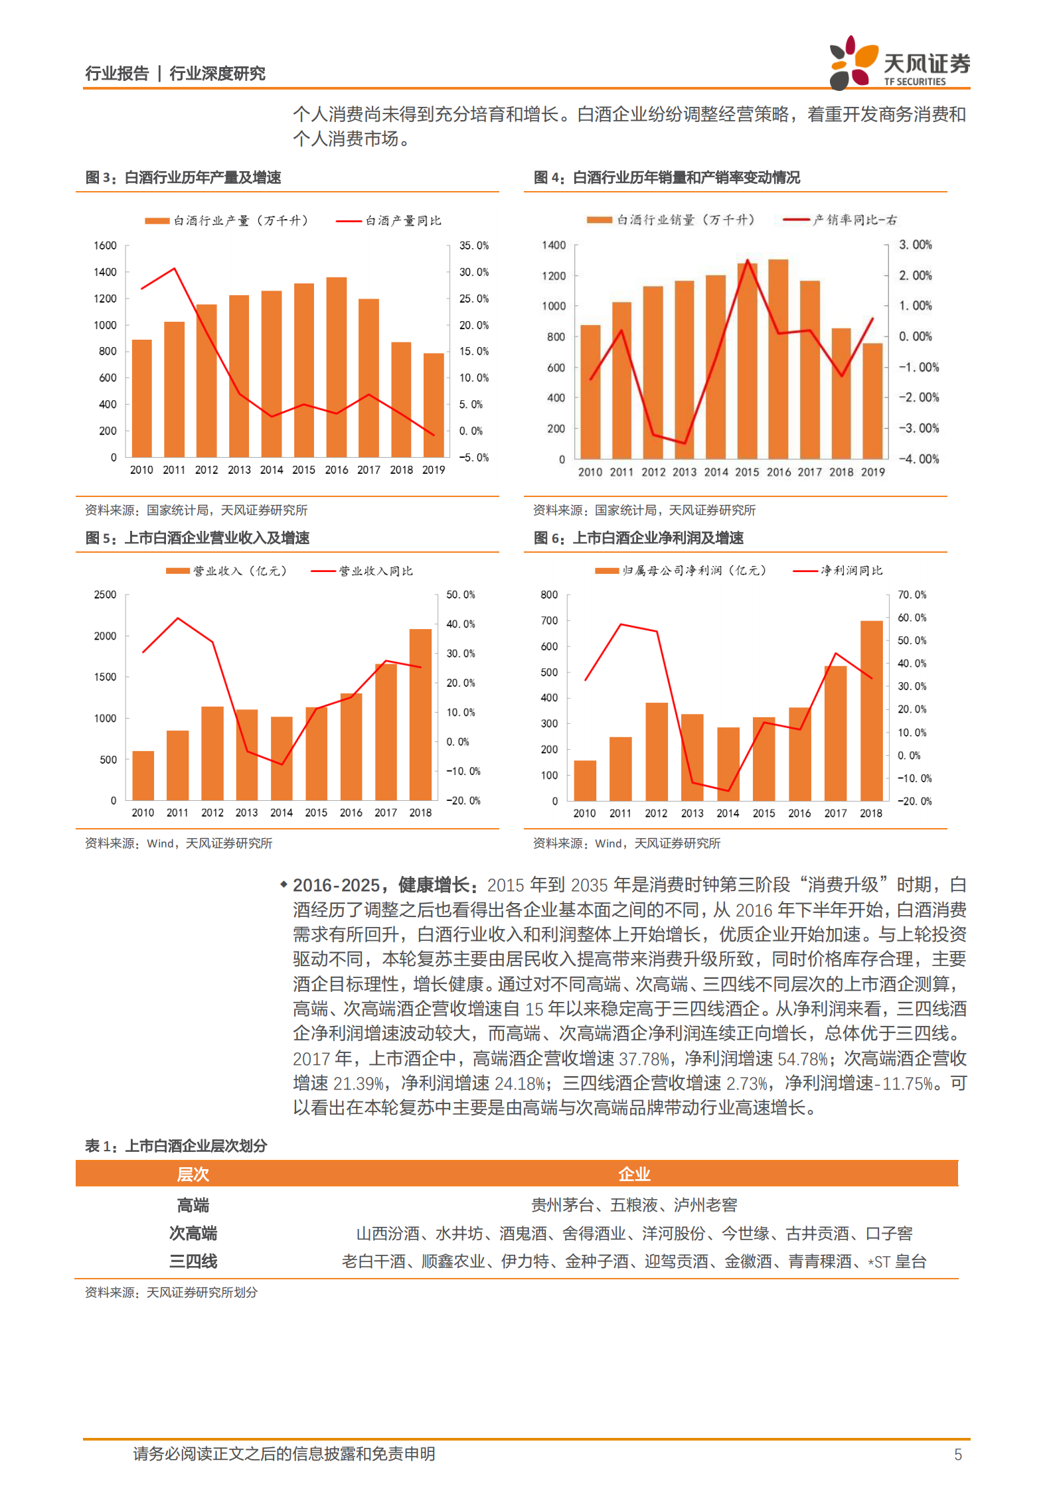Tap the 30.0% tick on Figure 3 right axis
point(473,272)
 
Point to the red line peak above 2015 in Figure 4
point(748,261)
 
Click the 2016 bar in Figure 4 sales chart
point(778,359)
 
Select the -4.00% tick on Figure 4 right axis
point(919,459)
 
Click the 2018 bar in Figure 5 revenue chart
point(420,715)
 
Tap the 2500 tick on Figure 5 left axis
point(106,595)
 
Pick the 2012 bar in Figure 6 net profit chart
point(656,751)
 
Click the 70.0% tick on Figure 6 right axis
point(912,595)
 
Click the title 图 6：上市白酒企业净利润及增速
point(639,537)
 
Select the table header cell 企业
point(633,1174)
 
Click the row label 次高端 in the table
point(193,1233)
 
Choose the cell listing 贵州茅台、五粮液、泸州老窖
point(633,1204)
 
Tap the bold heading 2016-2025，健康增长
point(384,885)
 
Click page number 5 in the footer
point(957,1454)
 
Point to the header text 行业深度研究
point(217,73)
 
